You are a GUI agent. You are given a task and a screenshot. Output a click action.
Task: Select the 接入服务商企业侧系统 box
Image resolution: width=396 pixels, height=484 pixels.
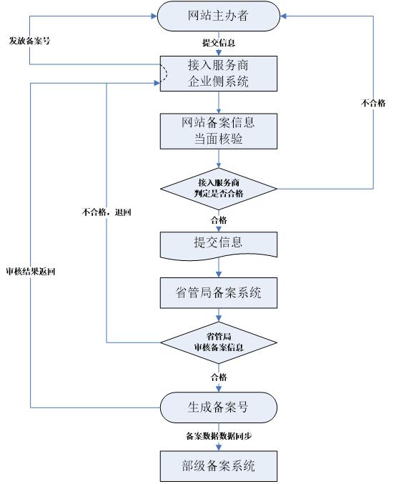pyautogui.click(x=218, y=73)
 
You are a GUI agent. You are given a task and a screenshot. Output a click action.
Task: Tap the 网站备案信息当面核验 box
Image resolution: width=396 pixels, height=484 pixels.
pyautogui.click(x=218, y=130)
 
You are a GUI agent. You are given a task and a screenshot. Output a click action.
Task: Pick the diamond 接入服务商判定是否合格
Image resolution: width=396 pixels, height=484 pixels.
pyautogui.click(x=218, y=188)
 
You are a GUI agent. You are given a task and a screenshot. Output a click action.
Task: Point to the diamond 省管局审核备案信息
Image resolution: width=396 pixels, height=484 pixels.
pyautogui.click(x=218, y=342)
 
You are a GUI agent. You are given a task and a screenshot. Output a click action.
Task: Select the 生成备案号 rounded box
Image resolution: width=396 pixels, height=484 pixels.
pyautogui.click(x=218, y=408)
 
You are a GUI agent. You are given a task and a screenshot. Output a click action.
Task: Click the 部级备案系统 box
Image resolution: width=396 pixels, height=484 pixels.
pyautogui.click(x=218, y=466)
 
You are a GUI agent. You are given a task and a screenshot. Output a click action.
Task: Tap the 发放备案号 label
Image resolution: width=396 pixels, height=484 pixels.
pyautogui.click(x=29, y=40)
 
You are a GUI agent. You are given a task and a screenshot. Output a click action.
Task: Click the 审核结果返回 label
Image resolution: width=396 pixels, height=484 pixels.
pyautogui.click(x=29, y=273)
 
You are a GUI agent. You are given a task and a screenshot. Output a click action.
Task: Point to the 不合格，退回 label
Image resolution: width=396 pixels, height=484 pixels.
pyautogui.click(x=107, y=212)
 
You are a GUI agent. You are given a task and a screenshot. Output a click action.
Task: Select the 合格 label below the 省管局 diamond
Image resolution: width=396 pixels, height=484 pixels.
pyautogui.click(x=218, y=377)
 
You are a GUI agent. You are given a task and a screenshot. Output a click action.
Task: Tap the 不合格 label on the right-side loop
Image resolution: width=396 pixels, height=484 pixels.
pyautogui.click(x=373, y=103)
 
